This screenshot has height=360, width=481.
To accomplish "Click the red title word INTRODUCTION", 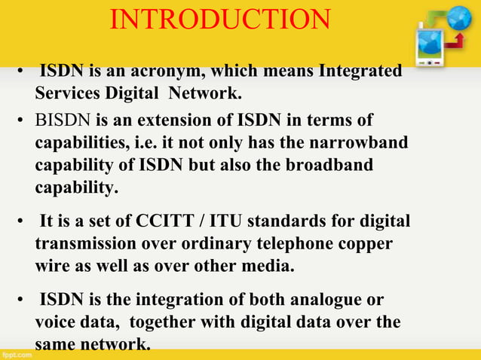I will click(220, 20).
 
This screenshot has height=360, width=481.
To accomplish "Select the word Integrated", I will click(360, 72).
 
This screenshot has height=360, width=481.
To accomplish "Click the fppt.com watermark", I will click(17, 352).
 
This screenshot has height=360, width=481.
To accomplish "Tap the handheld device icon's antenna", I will click(420, 25).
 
